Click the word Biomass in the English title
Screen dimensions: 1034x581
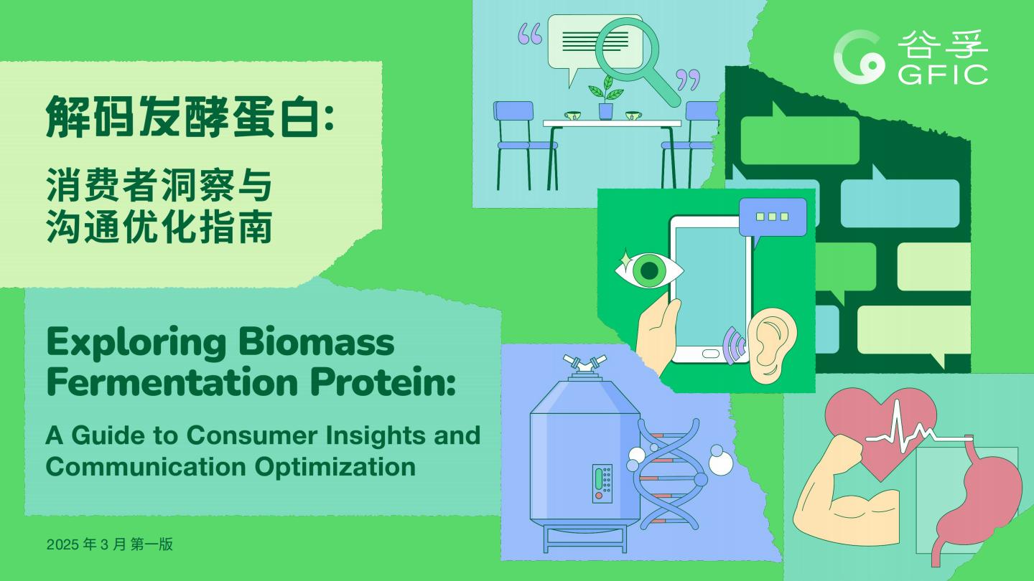click(317, 342)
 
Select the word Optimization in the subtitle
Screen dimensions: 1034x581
click(335, 467)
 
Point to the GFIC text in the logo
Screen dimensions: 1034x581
click(943, 75)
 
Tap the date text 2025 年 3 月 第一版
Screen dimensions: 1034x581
click(109, 544)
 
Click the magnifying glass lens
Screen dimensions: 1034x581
click(626, 49)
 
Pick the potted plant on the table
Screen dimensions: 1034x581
click(605, 97)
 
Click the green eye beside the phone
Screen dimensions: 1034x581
click(648, 270)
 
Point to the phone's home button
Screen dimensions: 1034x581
click(711, 354)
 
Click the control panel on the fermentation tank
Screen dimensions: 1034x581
click(602, 483)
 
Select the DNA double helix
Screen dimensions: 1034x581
click(669, 474)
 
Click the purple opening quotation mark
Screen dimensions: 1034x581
click(529, 34)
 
